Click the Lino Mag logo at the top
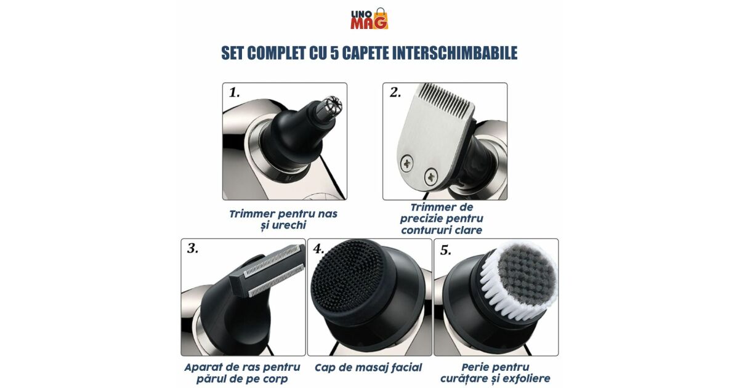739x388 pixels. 369,18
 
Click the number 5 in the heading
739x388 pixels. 334,53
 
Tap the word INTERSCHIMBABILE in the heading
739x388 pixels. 430,53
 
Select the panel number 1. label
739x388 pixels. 234,93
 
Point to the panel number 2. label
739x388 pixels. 395,93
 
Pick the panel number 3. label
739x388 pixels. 193,248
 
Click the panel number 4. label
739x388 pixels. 319,249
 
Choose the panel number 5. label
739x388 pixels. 446,251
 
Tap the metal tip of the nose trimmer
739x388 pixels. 331,107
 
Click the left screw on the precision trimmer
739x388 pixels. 407,164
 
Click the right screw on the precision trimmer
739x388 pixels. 431,177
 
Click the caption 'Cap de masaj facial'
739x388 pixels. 368,368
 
